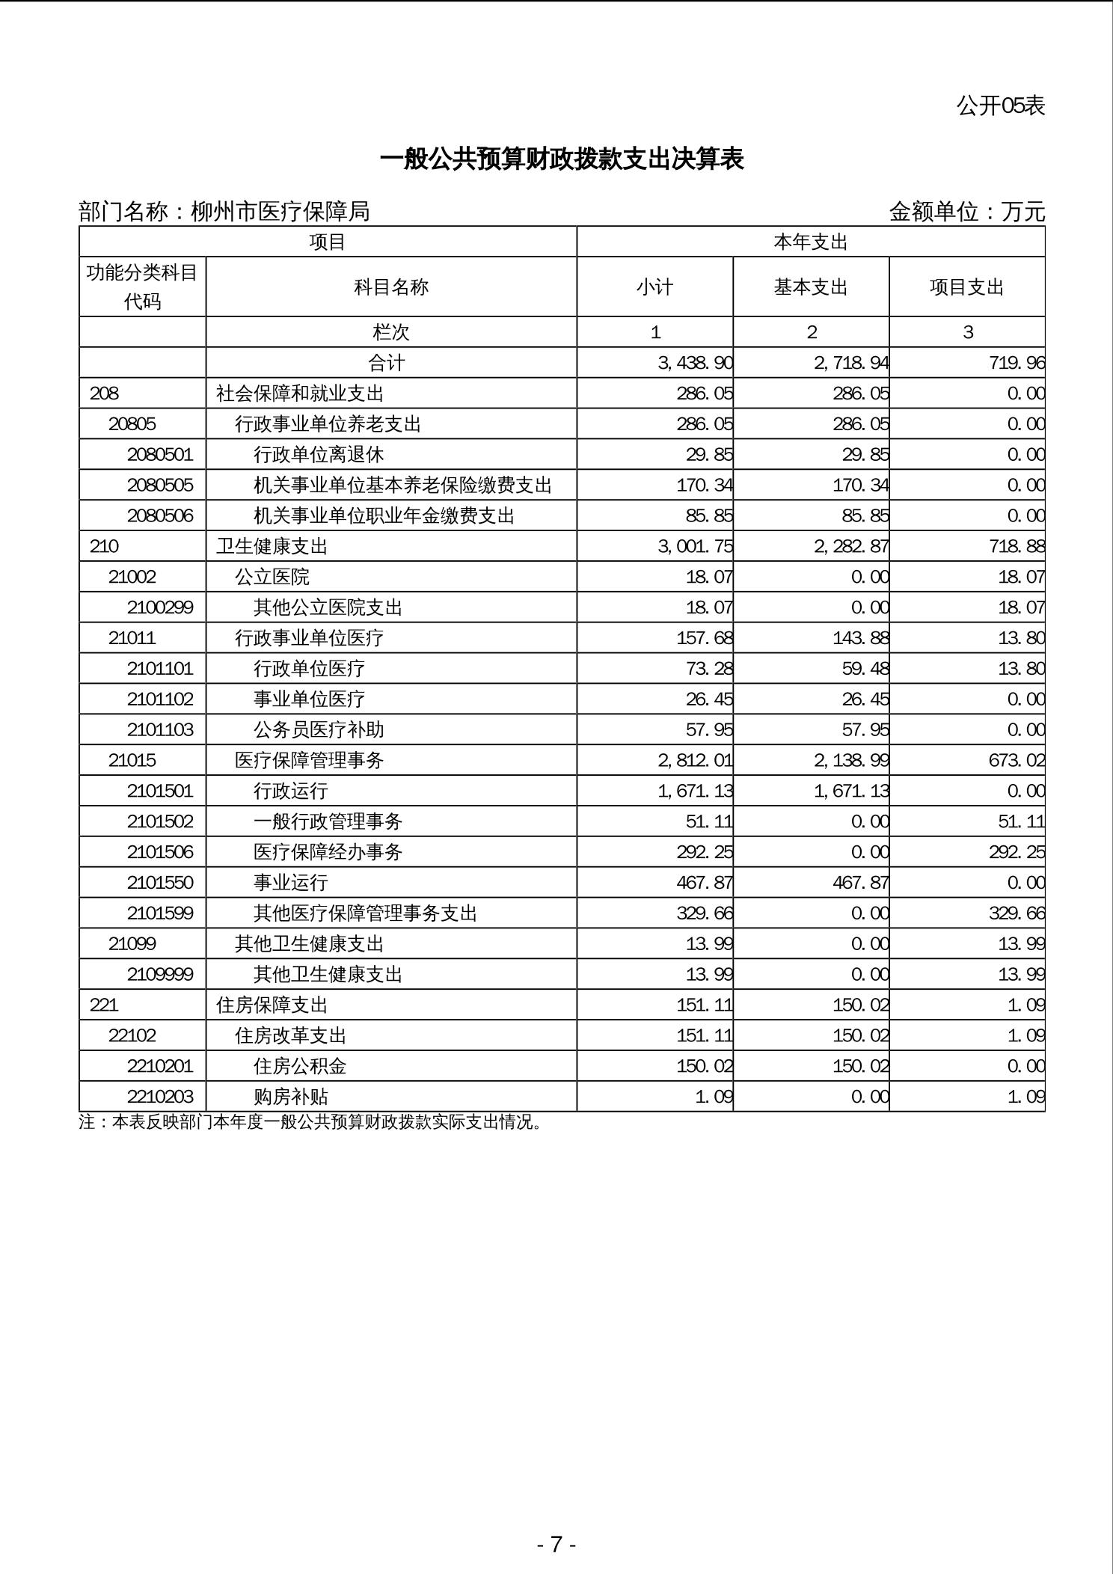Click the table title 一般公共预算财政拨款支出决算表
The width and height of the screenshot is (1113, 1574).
click(562, 159)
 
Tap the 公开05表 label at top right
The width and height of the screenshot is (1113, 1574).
click(1000, 106)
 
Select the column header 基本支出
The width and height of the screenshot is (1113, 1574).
click(810, 287)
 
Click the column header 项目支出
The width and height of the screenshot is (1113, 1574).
click(966, 287)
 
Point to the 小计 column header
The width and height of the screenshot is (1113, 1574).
click(654, 287)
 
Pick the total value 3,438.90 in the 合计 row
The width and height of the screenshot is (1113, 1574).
click(695, 363)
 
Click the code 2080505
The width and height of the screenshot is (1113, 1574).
click(160, 486)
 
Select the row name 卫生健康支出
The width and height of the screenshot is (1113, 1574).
click(272, 547)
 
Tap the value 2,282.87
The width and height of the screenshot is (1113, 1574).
click(851, 547)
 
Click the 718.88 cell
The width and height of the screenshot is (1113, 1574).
click(1017, 547)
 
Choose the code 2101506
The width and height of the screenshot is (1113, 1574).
click(160, 852)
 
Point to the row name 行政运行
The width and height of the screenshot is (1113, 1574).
click(290, 791)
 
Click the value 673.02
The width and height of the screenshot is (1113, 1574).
click(1017, 760)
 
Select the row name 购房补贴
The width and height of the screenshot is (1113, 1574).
click(290, 1097)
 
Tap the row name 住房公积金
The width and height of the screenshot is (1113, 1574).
click(299, 1066)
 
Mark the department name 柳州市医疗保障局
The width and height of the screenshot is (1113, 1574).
click(280, 212)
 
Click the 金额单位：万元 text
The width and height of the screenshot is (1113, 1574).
click(966, 212)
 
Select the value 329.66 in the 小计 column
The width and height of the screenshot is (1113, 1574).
click(705, 913)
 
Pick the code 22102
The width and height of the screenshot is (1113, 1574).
click(132, 1035)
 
